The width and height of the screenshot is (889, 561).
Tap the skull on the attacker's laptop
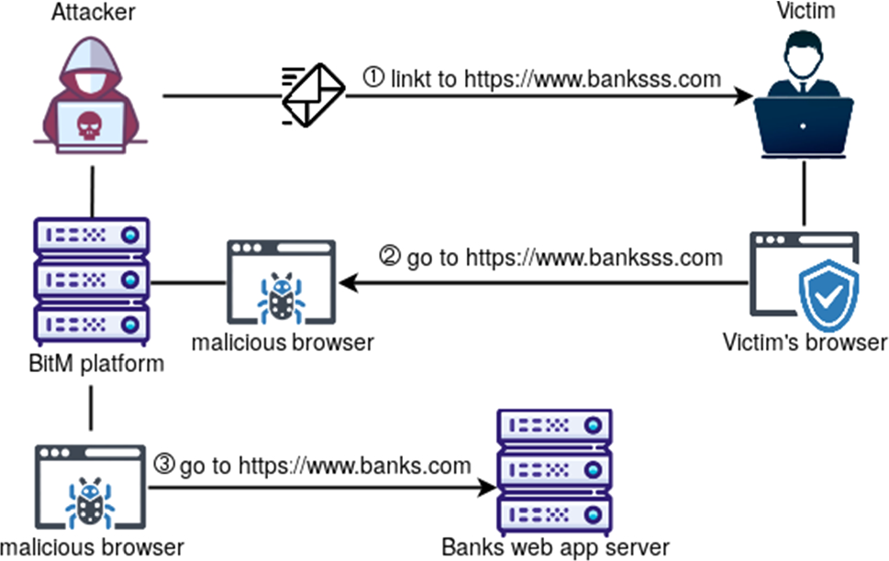tap(88, 125)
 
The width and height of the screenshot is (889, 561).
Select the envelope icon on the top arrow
tap(313, 94)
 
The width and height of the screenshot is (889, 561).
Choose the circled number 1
tap(373, 78)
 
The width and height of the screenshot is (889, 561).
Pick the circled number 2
tap(391, 258)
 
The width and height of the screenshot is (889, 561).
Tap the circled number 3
tap(165, 465)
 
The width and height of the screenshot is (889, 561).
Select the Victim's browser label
tap(805, 343)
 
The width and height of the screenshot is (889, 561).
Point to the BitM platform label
tap(91, 364)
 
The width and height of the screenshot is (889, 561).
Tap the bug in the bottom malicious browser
tap(89, 501)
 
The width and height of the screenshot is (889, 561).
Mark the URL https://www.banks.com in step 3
tap(355, 466)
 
